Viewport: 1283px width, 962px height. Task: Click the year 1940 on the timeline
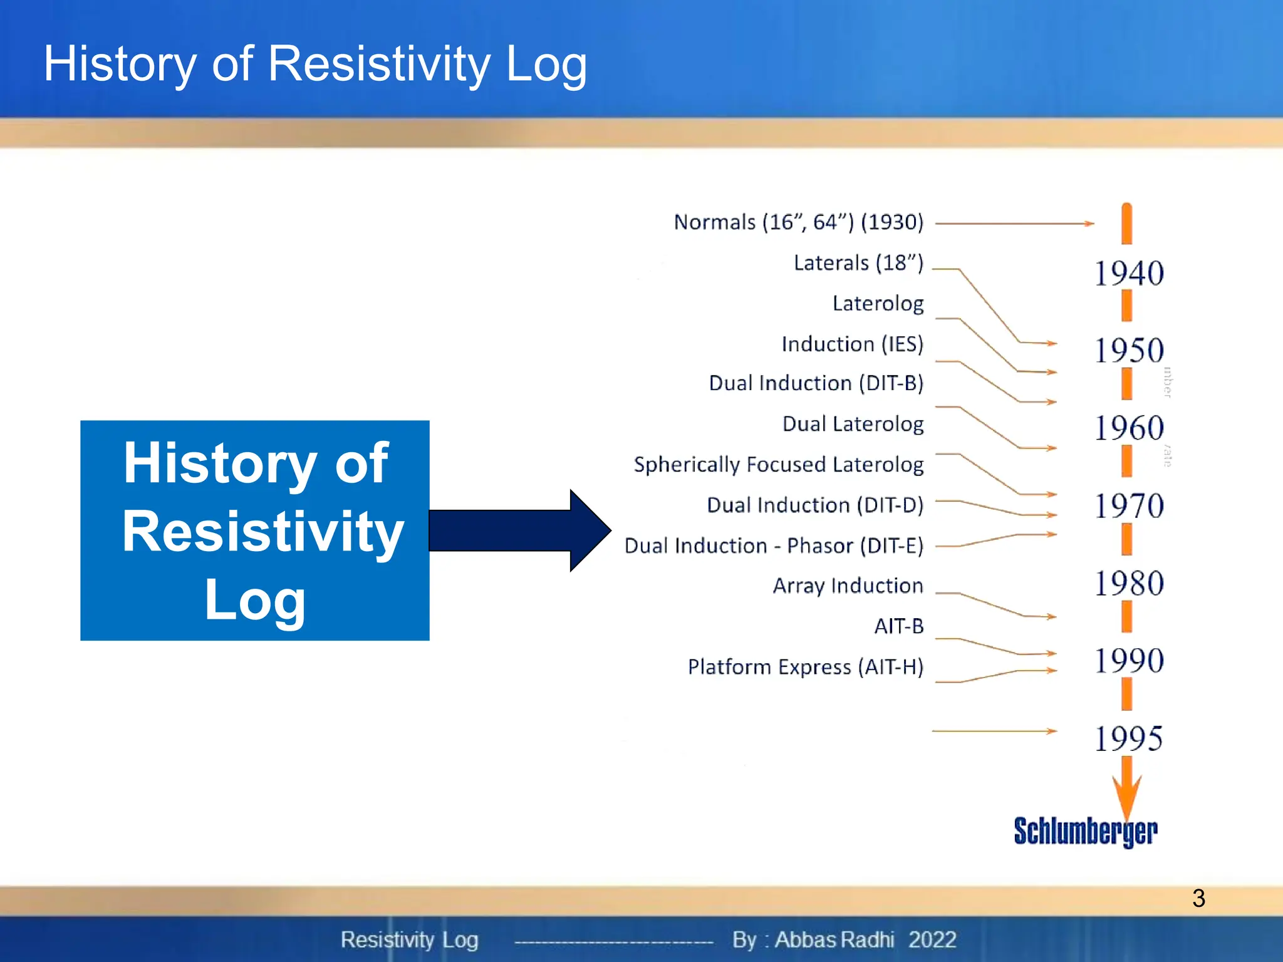coord(1129,273)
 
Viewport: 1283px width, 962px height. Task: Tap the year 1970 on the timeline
coord(1129,505)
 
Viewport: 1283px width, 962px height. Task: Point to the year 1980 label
coord(1129,583)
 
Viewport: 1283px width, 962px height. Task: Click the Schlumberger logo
coord(1085,832)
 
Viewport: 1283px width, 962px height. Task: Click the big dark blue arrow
coord(520,530)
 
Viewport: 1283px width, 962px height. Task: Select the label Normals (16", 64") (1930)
coord(798,222)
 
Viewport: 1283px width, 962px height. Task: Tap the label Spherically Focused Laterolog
coord(778,465)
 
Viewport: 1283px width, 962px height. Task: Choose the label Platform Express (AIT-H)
coord(805,667)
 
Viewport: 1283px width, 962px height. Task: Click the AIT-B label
coord(898,626)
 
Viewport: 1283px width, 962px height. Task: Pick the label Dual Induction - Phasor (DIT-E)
coord(774,546)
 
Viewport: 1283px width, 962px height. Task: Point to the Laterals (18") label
coord(858,263)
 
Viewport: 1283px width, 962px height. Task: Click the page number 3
coord(1198,898)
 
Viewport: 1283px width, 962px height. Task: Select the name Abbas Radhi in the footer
coord(834,939)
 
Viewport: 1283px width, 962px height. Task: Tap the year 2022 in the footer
coord(932,939)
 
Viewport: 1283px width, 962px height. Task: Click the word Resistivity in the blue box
coord(262,531)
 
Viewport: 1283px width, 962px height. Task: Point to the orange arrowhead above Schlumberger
coord(1126,795)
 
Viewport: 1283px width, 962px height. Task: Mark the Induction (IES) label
coord(852,344)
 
